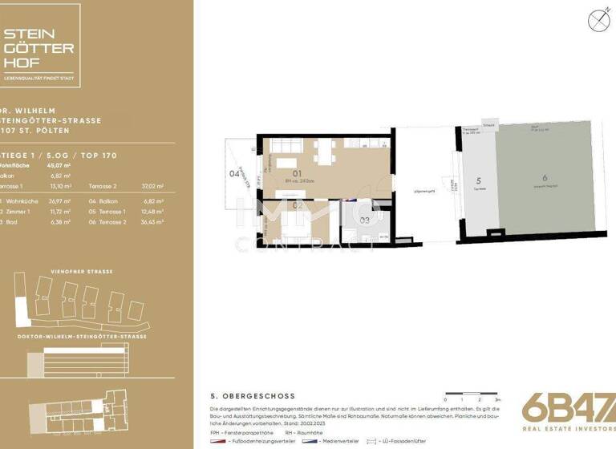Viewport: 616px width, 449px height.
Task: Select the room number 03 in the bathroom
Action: (x=364, y=218)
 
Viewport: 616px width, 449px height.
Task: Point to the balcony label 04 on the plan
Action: (x=234, y=173)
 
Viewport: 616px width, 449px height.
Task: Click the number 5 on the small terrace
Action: (x=477, y=181)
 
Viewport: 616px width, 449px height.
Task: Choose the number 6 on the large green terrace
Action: (x=544, y=177)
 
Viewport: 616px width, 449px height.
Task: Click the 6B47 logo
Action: (x=567, y=409)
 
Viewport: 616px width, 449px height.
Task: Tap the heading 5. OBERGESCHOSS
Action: (x=253, y=396)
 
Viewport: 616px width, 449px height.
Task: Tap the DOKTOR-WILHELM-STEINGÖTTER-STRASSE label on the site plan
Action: (x=77, y=337)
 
